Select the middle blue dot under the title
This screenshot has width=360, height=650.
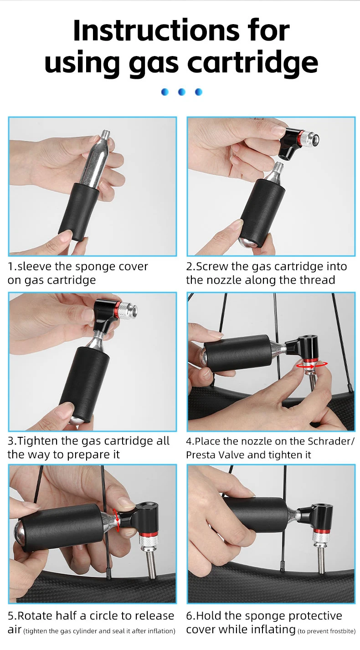pos(181,92)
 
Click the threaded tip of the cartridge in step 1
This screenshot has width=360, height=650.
pos(106,136)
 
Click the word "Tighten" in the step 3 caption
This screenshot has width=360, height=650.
pos(41,441)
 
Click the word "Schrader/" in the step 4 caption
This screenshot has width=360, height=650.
pos(330,441)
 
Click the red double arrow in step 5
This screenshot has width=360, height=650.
pos(118,520)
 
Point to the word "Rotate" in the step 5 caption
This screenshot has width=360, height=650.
pos(35,616)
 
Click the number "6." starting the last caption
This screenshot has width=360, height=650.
pos(190,616)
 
